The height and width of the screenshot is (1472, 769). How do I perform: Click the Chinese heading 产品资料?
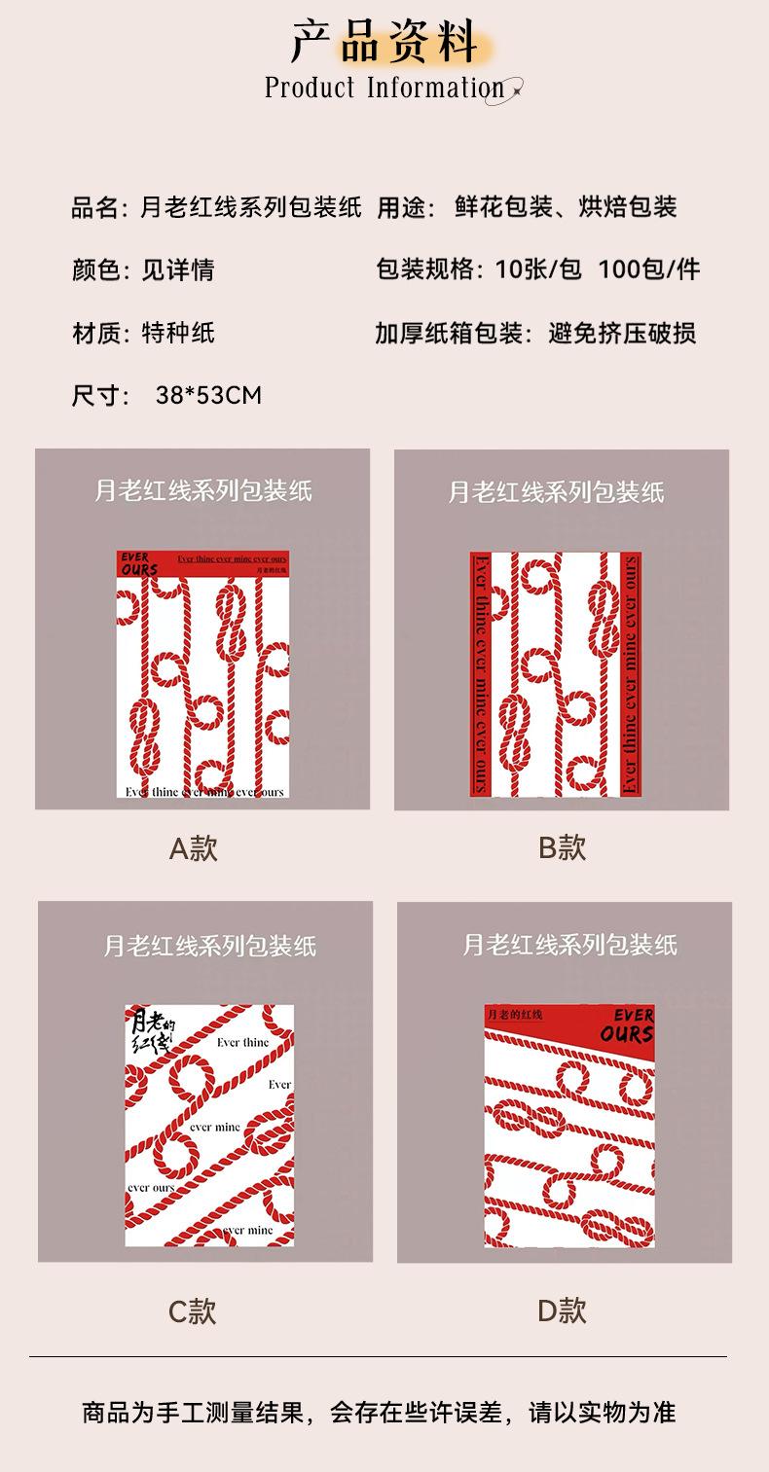384,40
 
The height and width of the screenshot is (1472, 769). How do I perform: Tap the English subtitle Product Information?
384,89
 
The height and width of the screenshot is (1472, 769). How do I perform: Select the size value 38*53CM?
208,395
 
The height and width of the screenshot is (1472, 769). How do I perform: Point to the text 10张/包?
538,269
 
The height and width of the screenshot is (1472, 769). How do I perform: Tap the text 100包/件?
649,269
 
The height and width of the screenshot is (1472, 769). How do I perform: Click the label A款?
193,848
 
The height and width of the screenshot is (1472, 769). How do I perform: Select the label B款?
562,847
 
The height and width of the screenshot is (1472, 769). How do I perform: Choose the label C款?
192,1311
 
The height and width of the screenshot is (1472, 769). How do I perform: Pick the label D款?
562,1310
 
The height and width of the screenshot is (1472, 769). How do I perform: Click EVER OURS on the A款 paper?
138,563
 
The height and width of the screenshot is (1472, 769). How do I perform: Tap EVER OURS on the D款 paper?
627,1025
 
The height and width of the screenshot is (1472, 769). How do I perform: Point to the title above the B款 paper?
556,491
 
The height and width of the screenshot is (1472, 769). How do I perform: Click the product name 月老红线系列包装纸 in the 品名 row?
251,207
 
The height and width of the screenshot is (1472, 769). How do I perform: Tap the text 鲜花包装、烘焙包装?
566,207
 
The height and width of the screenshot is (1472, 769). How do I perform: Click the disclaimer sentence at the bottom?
379,1412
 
